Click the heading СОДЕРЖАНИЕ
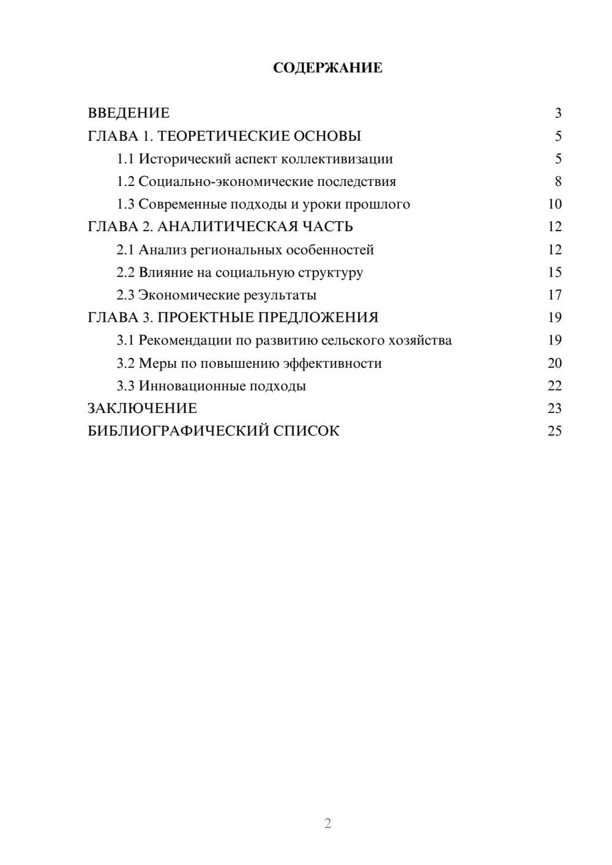327,68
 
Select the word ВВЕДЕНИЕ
129,113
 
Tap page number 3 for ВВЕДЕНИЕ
558,113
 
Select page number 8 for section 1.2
558,182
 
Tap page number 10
554,204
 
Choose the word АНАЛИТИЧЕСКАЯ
229,227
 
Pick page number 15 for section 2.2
554,272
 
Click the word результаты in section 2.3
280,295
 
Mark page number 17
554,295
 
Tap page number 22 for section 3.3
554,386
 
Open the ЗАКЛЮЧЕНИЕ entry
143,408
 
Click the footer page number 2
327,823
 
